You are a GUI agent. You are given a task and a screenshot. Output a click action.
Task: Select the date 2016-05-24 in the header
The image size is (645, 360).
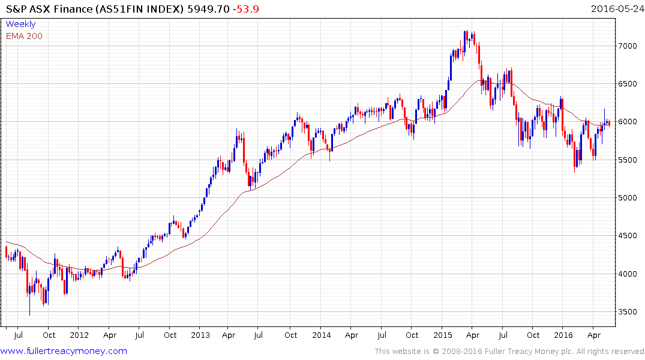point(616,9)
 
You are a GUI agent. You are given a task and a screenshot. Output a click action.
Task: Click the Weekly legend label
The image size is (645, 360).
point(20,24)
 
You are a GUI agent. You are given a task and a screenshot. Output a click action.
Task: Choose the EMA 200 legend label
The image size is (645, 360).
point(24,36)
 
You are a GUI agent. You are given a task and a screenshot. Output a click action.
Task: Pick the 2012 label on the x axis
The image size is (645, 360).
point(79,335)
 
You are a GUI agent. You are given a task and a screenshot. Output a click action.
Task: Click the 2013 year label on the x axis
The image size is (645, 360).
point(200,335)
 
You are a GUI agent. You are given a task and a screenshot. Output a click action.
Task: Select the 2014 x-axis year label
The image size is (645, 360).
point(321,335)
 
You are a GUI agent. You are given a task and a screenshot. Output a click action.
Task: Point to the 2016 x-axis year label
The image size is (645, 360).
point(563,335)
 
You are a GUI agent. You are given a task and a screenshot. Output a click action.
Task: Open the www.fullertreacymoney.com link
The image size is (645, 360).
point(64,351)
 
